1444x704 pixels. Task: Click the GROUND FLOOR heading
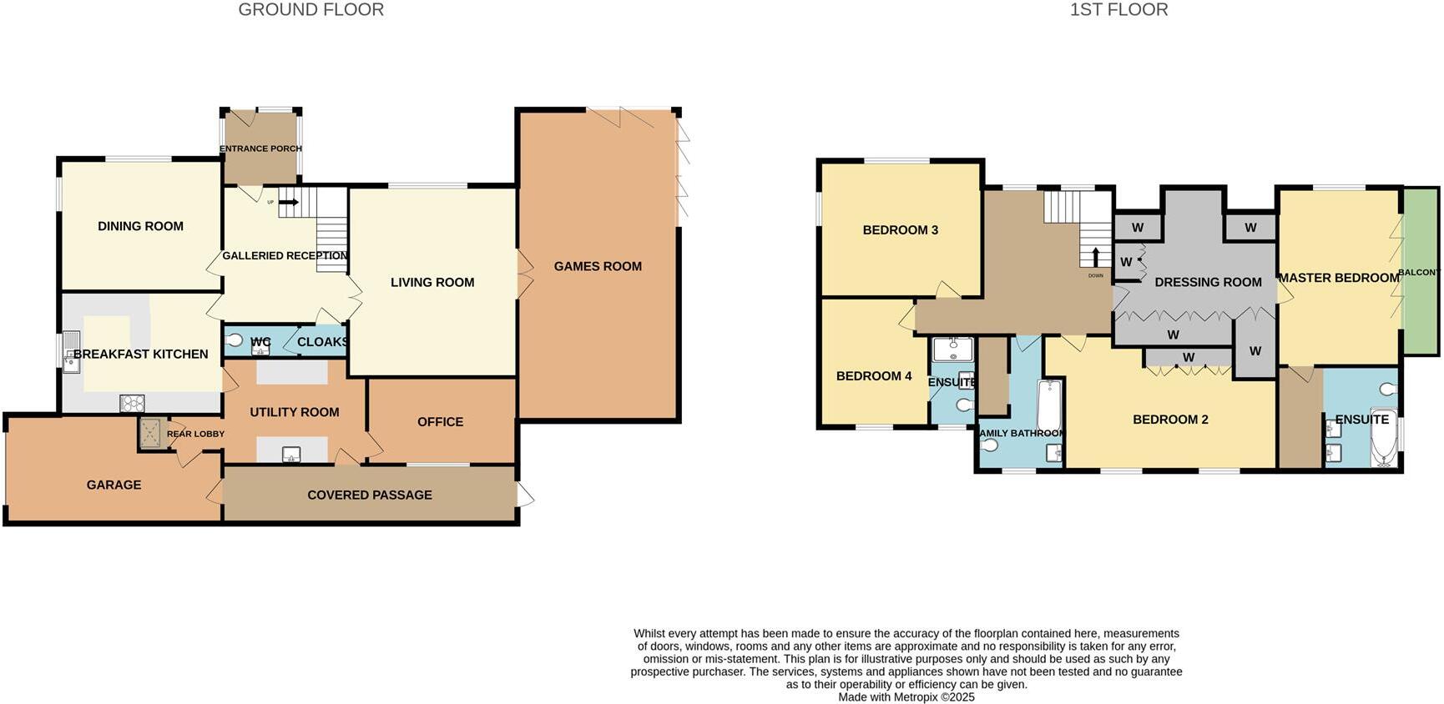[x=311, y=10]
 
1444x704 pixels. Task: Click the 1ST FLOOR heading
[x=1118, y=10]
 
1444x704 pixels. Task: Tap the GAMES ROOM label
[x=598, y=266]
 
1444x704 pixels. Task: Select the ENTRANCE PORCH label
[x=260, y=148]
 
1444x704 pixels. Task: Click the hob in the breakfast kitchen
[x=133, y=404]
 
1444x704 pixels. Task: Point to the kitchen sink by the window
[x=71, y=351]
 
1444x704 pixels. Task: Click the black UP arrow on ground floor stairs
[x=289, y=202]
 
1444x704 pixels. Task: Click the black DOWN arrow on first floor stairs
[x=1096, y=256]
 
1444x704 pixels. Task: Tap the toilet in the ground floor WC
[x=235, y=340]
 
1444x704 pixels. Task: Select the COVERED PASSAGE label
[x=369, y=495]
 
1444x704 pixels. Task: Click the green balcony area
[x=1420, y=272]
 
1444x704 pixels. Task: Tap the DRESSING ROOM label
[x=1207, y=282]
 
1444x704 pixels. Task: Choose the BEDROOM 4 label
[x=873, y=376]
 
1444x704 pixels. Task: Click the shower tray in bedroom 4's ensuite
[x=952, y=348]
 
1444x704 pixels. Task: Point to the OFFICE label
[x=440, y=422]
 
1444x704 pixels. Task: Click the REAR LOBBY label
[x=195, y=434]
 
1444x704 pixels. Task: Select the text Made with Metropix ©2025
[x=906, y=697]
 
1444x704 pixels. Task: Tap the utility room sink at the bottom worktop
[x=291, y=455]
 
